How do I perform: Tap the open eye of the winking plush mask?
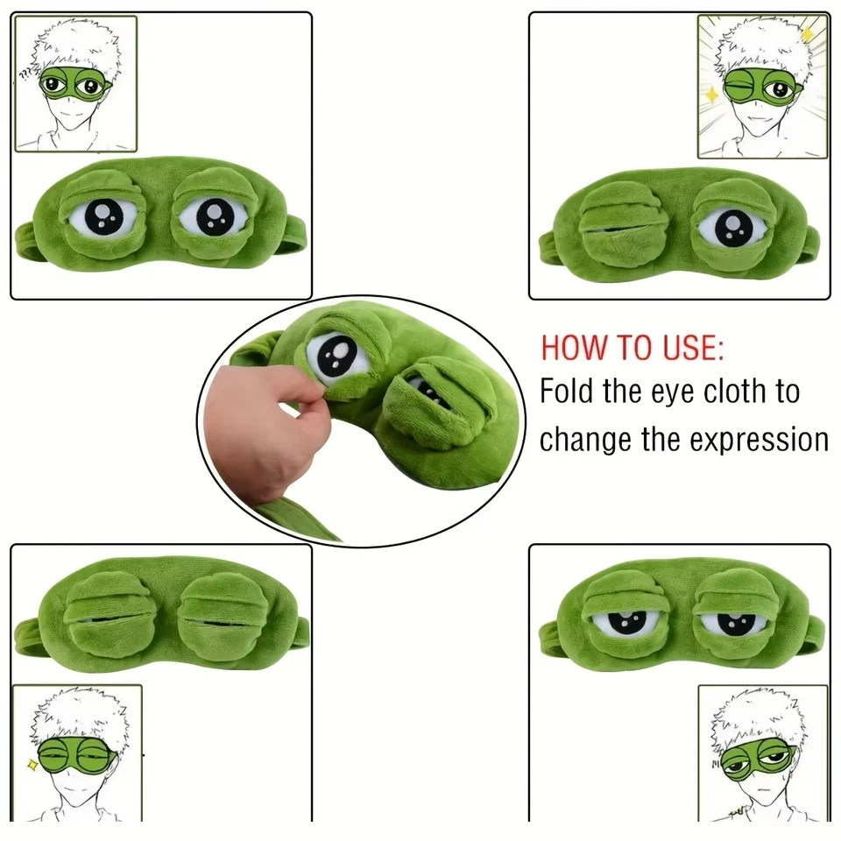click(x=731, y=227)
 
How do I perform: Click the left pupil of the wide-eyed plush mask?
click(x=101, y=215)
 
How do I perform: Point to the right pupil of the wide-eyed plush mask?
click(x=211, y=216)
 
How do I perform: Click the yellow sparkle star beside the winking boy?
click(x=711, y=94)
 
